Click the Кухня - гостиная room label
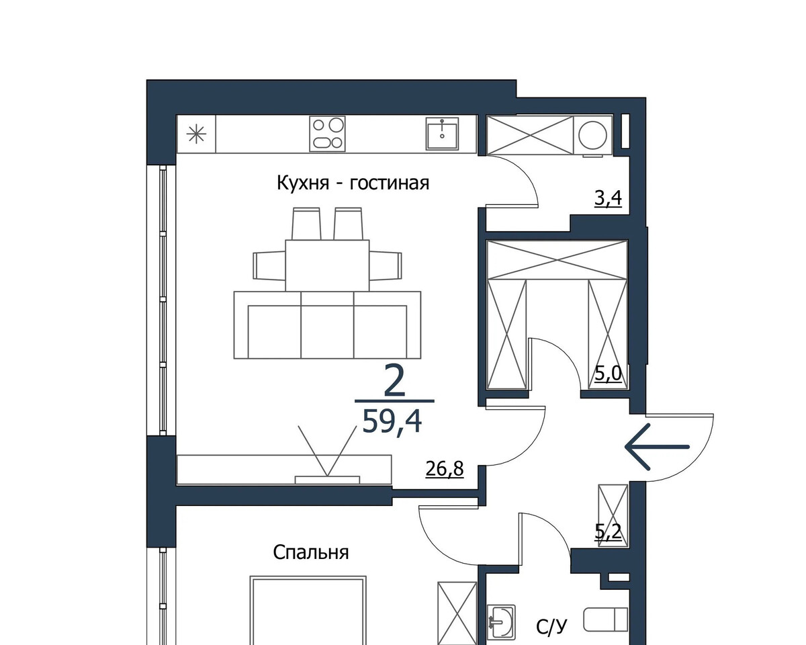(x=353, y=183)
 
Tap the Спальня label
(x=310, y=552)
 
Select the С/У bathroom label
(x=551, y=627)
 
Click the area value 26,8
(x=445, y=469)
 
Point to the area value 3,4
(x=609, y=198)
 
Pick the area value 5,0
(x=609, y=374)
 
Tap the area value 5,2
(x=609, y=532)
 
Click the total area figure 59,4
(x=392, y=421)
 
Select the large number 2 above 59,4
(x=394, y=381)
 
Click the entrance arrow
(x=657, y=447)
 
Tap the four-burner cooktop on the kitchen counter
(x=327, y=134)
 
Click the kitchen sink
(x=442, y=134)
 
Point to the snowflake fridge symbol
(x=196, y=134)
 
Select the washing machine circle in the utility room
(x=592, y=135)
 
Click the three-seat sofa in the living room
(x=327, y=325)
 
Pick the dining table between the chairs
(x=327, y=265)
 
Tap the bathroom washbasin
(x=501, y=621)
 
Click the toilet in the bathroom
(x=606, y=619)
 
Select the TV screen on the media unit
(x=327, y=480)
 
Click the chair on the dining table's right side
(x=386, y=265)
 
